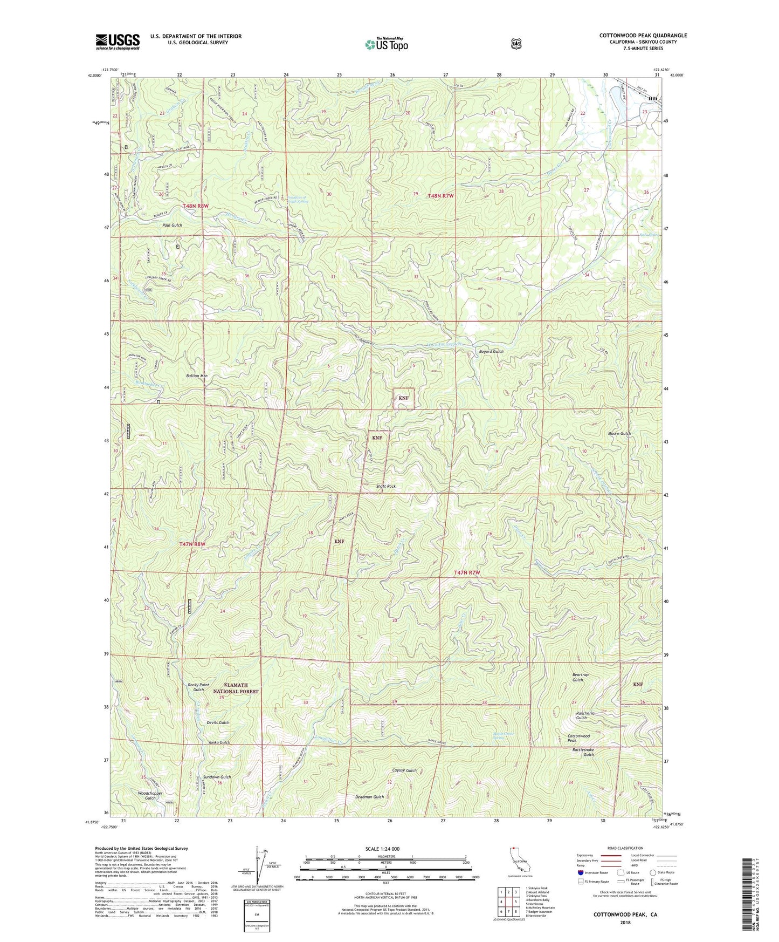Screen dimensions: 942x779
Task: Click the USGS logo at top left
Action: pos(118,42)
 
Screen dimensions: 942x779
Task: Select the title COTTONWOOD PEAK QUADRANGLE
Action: pos(643,36)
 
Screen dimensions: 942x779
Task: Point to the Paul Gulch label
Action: pos(172,225)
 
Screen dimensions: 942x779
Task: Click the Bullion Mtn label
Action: pos(197,376)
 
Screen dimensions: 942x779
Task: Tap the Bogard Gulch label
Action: pos(491,351)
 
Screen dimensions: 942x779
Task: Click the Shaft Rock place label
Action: pos(385,486)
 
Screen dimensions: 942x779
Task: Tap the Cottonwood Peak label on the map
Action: pos(578,738)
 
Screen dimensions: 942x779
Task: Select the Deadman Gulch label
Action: pos(369,797)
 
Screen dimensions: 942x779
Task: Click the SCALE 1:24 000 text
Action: pos(382,849)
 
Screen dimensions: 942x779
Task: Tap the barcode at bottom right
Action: pos(746,896)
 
